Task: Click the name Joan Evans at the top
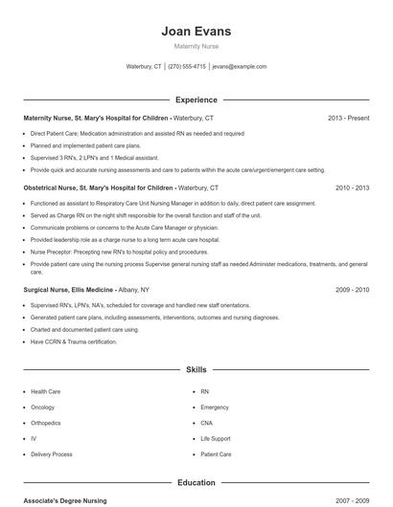(x=196, y=32)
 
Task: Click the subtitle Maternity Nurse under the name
(x=196, y=46)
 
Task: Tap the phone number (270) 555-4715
(x=187, y=67)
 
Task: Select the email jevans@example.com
(x=240, y=67)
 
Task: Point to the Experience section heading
(x=196, y=99)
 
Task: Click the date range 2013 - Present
(x=348, y=118)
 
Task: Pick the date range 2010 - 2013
(x=352, y=188)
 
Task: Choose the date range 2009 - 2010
(x=352, y=289)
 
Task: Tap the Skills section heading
(x=196, y=369)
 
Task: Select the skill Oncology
(x=44, y=407)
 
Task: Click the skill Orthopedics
(x=47, y=423)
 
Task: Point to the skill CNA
(x=207, y=423)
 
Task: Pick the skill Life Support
(x=216, y=438)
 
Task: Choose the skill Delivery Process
(x=52, y=454)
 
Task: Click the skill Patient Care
(x=216, y=454)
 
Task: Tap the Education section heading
(x=196, y=483)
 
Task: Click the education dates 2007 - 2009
(x=352, y=500)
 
